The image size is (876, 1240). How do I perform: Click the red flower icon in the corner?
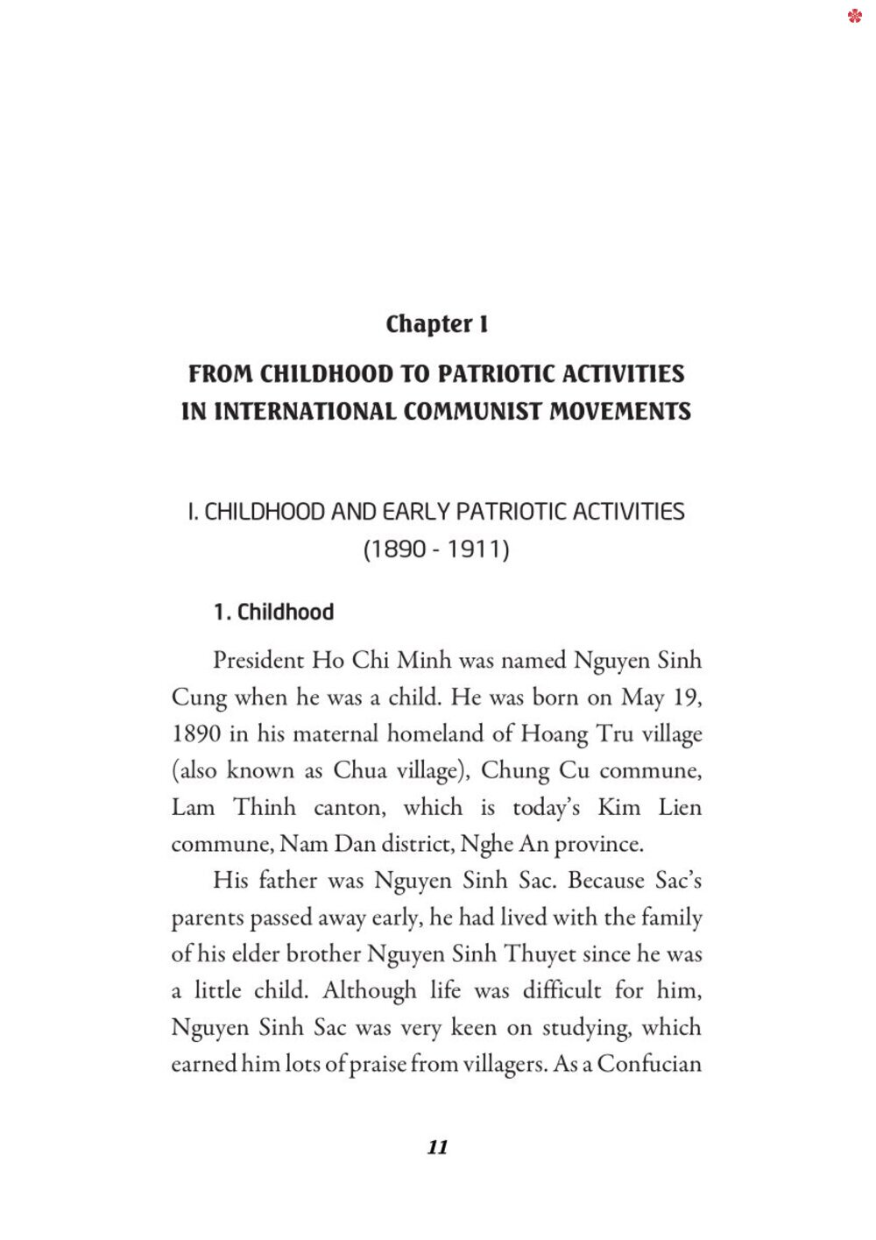pos(855,16)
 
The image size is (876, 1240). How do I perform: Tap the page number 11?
pos(437,1147)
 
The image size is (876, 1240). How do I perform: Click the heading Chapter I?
pos(436,324)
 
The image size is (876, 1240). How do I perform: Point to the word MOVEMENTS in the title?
pos(620,411)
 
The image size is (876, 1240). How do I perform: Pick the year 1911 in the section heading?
pos(478,549)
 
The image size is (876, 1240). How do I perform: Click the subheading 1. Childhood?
pos(273,612)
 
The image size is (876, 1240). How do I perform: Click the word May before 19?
pos(642,698)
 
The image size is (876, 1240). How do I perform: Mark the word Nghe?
pos(486,845)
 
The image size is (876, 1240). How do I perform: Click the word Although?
pos(369,991)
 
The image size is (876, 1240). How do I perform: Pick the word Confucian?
pos(649,1065)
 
